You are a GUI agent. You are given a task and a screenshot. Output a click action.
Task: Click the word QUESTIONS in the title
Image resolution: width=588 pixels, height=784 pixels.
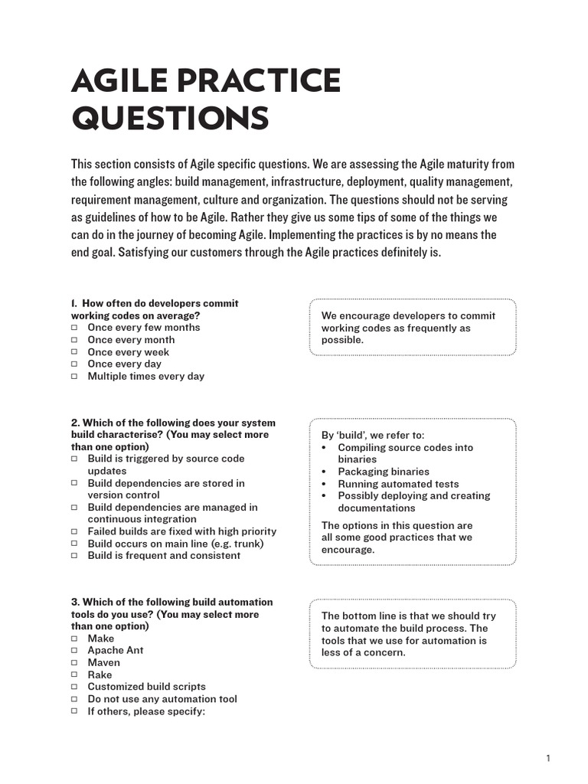pyautogui.click(x=170, y=119)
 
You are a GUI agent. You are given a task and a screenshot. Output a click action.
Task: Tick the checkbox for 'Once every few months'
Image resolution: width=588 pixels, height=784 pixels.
pyautogui.click(x=75, y=328)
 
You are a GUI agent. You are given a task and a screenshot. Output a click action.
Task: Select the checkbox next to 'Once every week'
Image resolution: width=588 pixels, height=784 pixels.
pyautogui.click(x=75, y=352)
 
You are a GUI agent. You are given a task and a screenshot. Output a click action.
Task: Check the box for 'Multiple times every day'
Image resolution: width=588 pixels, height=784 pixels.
pyautogui.click(x=75, y=377)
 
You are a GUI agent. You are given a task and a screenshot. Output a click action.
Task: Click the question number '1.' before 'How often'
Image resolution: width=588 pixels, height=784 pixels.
pyautogui.click(x=75, y=303)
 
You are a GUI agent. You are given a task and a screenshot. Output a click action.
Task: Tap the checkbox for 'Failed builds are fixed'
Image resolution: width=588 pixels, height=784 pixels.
pyautogui.click(x=75, y=531)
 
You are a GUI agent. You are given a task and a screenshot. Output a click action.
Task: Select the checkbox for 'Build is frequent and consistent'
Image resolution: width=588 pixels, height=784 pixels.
pyautogui.click(x=75, y=556)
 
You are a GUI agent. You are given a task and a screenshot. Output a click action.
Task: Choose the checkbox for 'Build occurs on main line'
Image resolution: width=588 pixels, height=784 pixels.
pyautogui.click(x=75, y=544)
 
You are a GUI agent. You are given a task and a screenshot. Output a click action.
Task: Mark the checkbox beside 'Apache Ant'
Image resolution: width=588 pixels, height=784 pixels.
pyautogui.click(x=75, y=651)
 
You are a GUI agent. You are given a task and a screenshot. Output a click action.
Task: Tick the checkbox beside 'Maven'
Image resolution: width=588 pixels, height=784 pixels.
pyautogui.click(x=75, y=662)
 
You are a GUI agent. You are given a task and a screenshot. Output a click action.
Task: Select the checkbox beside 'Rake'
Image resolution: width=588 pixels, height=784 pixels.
pyautogui.click(x=75, y=675)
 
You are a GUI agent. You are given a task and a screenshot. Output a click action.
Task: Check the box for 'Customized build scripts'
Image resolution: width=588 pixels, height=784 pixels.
pyautogui.click(x=75, y=687)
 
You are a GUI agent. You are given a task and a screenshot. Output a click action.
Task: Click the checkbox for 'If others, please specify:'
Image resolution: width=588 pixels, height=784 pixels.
pyautogui.click(x=75, y=711)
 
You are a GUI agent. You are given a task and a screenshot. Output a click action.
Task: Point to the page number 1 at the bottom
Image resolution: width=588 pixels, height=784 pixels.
pyautogui.click(x=548, y=758)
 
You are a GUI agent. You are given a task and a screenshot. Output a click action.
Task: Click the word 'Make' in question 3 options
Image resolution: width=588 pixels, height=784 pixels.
pyautogui.click(x=100, y=639)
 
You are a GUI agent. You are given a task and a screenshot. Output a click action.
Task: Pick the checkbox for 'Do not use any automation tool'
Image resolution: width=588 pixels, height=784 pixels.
pyautogui.click(x=75, y=699)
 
